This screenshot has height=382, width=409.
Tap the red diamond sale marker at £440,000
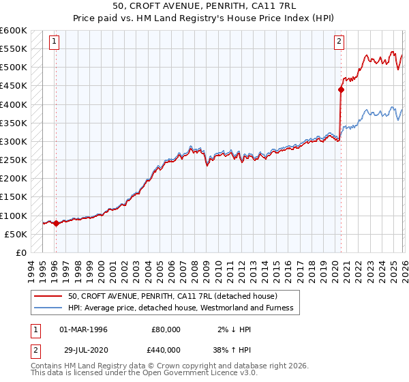click(x=341, y=89)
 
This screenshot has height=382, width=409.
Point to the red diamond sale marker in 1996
click(x=56, y=223)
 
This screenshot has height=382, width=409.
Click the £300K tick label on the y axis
click(x=14, y=141)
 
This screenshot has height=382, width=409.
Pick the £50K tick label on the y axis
click(x=16, y=234)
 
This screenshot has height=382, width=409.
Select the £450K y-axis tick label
click(x=14, y=85)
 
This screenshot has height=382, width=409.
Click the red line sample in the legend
click(x=48, y=296)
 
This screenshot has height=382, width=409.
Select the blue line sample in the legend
click(x=48, y=308)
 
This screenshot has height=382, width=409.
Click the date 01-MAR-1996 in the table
click(x=83, y=329)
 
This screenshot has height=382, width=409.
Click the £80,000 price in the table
click(x=166, y=329)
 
